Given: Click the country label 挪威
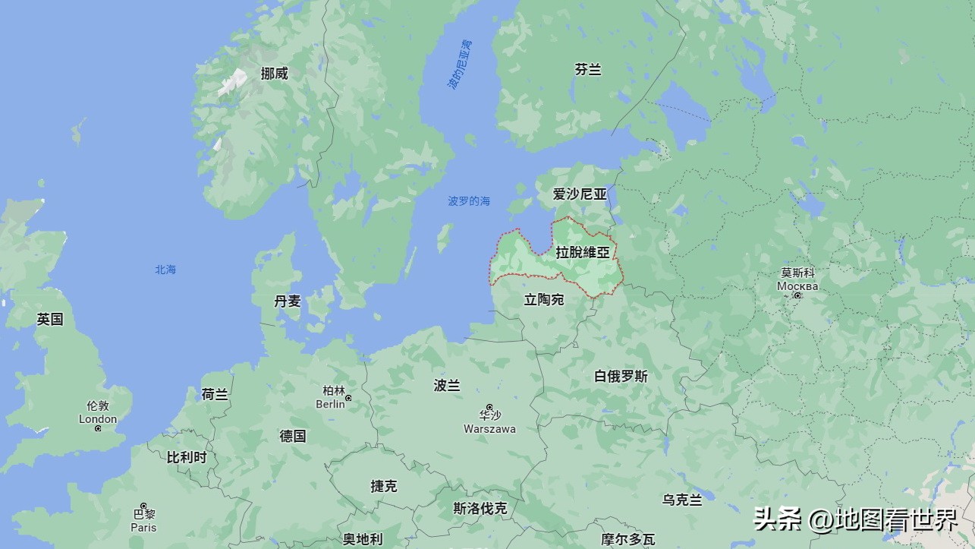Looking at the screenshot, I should pyautogui.click(x=274, y=74).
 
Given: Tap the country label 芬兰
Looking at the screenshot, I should pyautogui.click(x=587, y=70).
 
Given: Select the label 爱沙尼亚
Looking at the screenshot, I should pyautogui.click(x=580, y=194).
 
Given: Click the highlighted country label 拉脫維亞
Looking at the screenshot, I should pyautogui.click(x=583, y=253).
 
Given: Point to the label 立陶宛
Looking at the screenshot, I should pyautogui.click(x=544, y=300).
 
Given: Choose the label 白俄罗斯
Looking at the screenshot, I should pyautogui.click(x=621, y=376).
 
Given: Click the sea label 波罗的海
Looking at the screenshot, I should pyautogui.click(x=468, y=201).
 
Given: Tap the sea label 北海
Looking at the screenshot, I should pyautogui.click(x=165, y=270).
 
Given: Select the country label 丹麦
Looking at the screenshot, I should pyautogui.click(x=288, y=301).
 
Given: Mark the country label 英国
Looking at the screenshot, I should pyautogui.click(x=50, y=320).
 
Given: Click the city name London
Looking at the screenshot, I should pyautogui.click(x=98, y=419).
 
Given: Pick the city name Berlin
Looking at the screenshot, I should pyautogui.click(x=331, y=405).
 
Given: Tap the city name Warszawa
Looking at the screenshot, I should pyautogui.click(x=489, y=429).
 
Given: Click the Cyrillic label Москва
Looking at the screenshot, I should pyautogui.click(x=797, y=286).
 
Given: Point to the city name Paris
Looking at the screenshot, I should pyautogui.click(x=143, y=528).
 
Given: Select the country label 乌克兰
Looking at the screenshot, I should pyautogui.click(x=682, y=500).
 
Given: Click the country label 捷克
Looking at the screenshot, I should pyautogui.click(x=384, y=486).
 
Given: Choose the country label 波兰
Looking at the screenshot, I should pyautogui.click(x=447, y=386).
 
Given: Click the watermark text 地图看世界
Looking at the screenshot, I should pyautogui.click(x=895, y=520).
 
